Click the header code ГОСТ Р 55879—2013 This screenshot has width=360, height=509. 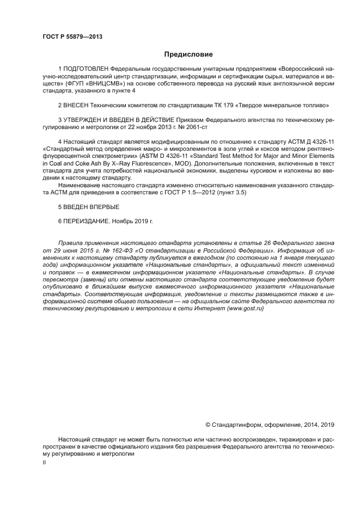pyautogui.click(x=72, y=36)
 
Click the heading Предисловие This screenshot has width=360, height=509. pyautogui.click(x=188, y=54)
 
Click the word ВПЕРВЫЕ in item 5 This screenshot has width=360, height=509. pyautogui.click(x=105, y=207)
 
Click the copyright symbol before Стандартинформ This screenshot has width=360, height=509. pyautogui.click(x=208, y=425)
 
